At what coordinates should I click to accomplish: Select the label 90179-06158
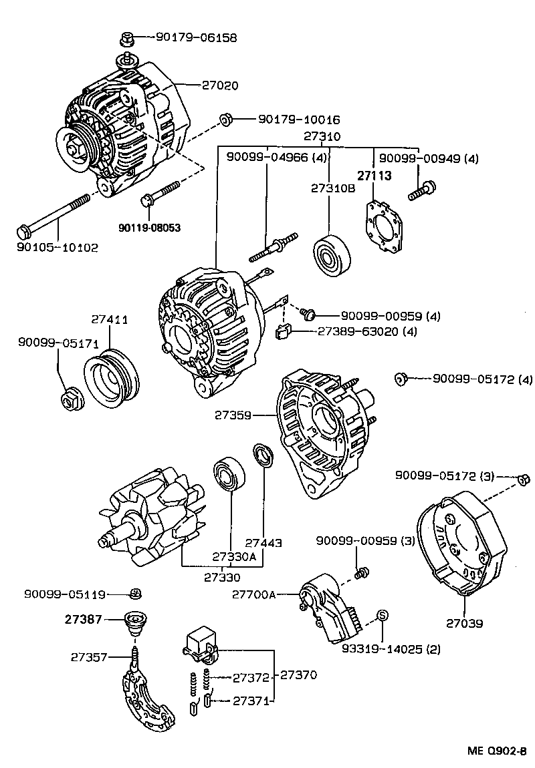pyautogui.click(x=196, y=38)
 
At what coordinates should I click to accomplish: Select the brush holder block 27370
pyautogui.click(x=201, y=642)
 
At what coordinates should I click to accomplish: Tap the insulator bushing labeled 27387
pyautogui.click(x=136, y=624)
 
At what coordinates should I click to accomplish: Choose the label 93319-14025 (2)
pyautogui.click(x=387, y=648)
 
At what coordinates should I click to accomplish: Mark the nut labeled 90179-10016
pyautogui.click(x=225, y=120)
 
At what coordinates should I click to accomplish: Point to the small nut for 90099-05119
pyautogui.click(x=134, y=593)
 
